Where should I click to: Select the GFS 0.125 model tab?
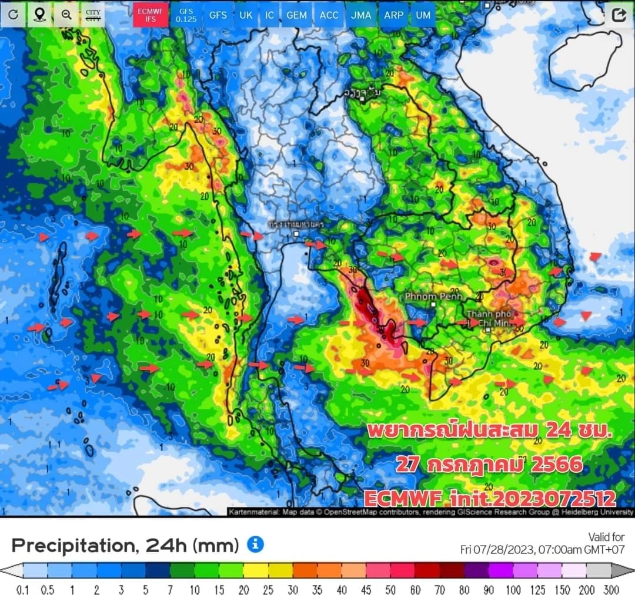(186, 15)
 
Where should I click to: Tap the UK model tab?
(246, 15)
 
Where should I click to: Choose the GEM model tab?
(296, 15)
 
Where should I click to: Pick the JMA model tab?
(361, 15)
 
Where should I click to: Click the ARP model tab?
(393, 15)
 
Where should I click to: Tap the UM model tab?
(423, 15)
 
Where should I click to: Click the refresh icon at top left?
(13, 15)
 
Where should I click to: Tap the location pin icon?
(39, 15)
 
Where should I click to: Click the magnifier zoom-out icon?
(66, 15)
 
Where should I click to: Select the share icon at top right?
(619, 15)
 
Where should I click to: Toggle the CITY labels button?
(93, 15)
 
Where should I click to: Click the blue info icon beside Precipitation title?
(255, 544)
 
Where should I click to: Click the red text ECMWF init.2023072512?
(490, 499)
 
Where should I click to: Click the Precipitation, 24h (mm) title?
(125, 546)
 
